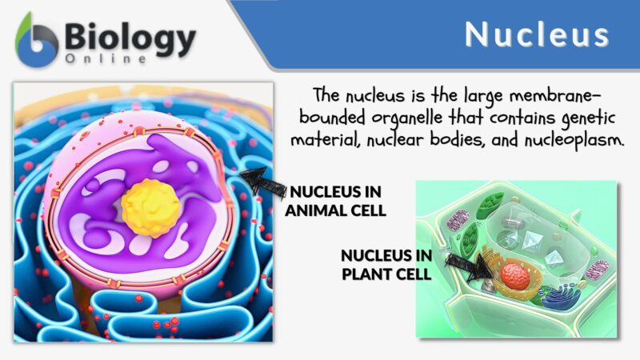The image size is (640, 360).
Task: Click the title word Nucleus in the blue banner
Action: (x=537, y=34)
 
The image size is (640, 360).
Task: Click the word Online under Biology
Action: (x=107, y=59)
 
